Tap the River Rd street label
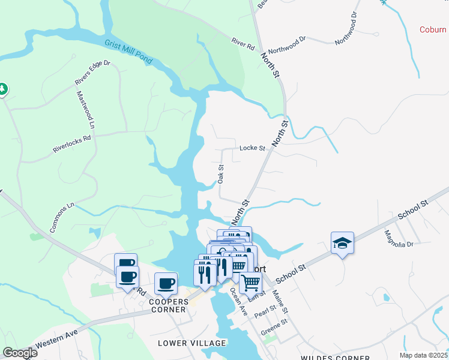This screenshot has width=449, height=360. (244, 43)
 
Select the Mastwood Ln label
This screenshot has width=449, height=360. (85, 110)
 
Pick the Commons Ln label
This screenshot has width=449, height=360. (62, 217)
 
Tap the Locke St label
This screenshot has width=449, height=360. (252, 148)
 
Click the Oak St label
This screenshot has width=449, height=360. (221, 174)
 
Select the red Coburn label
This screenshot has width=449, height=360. (433, 29)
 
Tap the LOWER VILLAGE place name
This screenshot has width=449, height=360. (192, 343)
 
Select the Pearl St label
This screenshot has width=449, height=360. (264, 311)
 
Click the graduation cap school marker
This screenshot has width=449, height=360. (342, 243)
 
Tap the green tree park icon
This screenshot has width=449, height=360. (2, 89)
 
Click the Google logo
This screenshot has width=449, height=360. (20, 353)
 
